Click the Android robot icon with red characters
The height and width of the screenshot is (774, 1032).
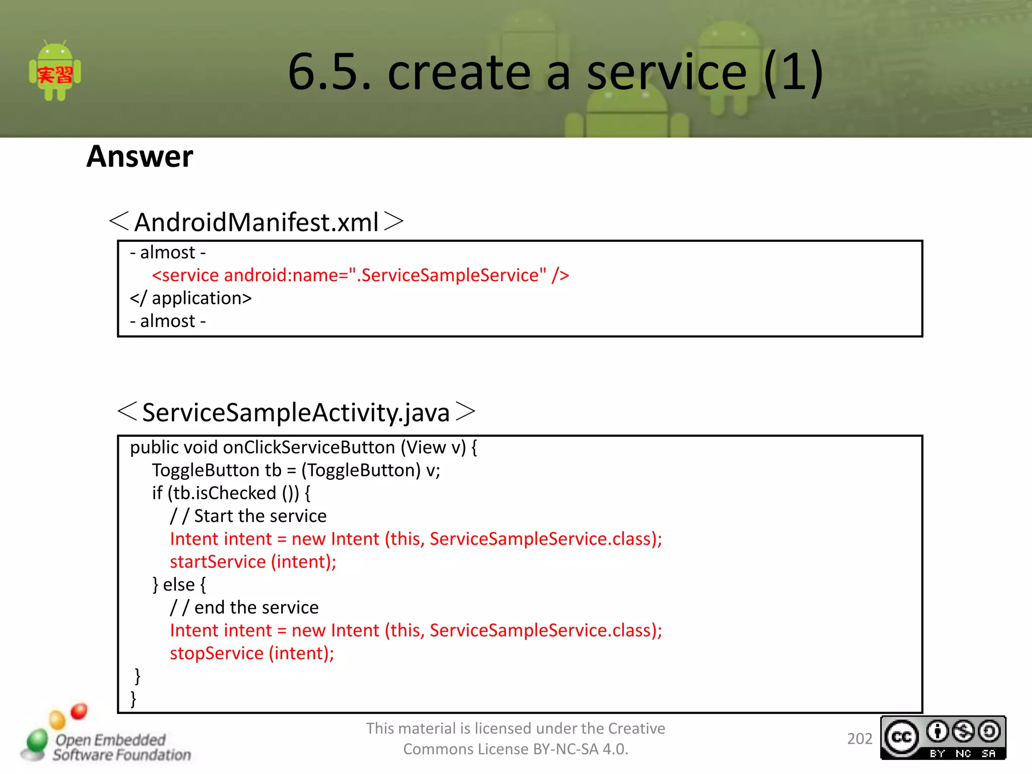55,72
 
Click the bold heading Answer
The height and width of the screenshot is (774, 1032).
140,156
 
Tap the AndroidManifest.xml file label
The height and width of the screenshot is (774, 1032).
256,222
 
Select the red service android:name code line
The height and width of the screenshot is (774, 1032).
360,275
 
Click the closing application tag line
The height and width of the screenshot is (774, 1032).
190,298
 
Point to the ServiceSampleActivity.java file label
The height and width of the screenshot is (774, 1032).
296,412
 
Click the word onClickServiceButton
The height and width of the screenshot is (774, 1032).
309,447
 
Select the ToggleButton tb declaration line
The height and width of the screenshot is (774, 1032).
296,470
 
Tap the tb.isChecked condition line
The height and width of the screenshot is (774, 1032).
231,493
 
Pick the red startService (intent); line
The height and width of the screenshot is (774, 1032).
253,562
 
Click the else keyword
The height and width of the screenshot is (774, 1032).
178,585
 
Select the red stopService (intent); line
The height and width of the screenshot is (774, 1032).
252,654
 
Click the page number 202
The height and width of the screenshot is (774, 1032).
859,739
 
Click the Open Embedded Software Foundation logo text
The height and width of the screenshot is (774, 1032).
121,747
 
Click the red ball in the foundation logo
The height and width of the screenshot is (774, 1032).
79,711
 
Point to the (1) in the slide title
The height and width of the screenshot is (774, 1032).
793,72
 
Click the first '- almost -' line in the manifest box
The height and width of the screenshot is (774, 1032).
168,252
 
